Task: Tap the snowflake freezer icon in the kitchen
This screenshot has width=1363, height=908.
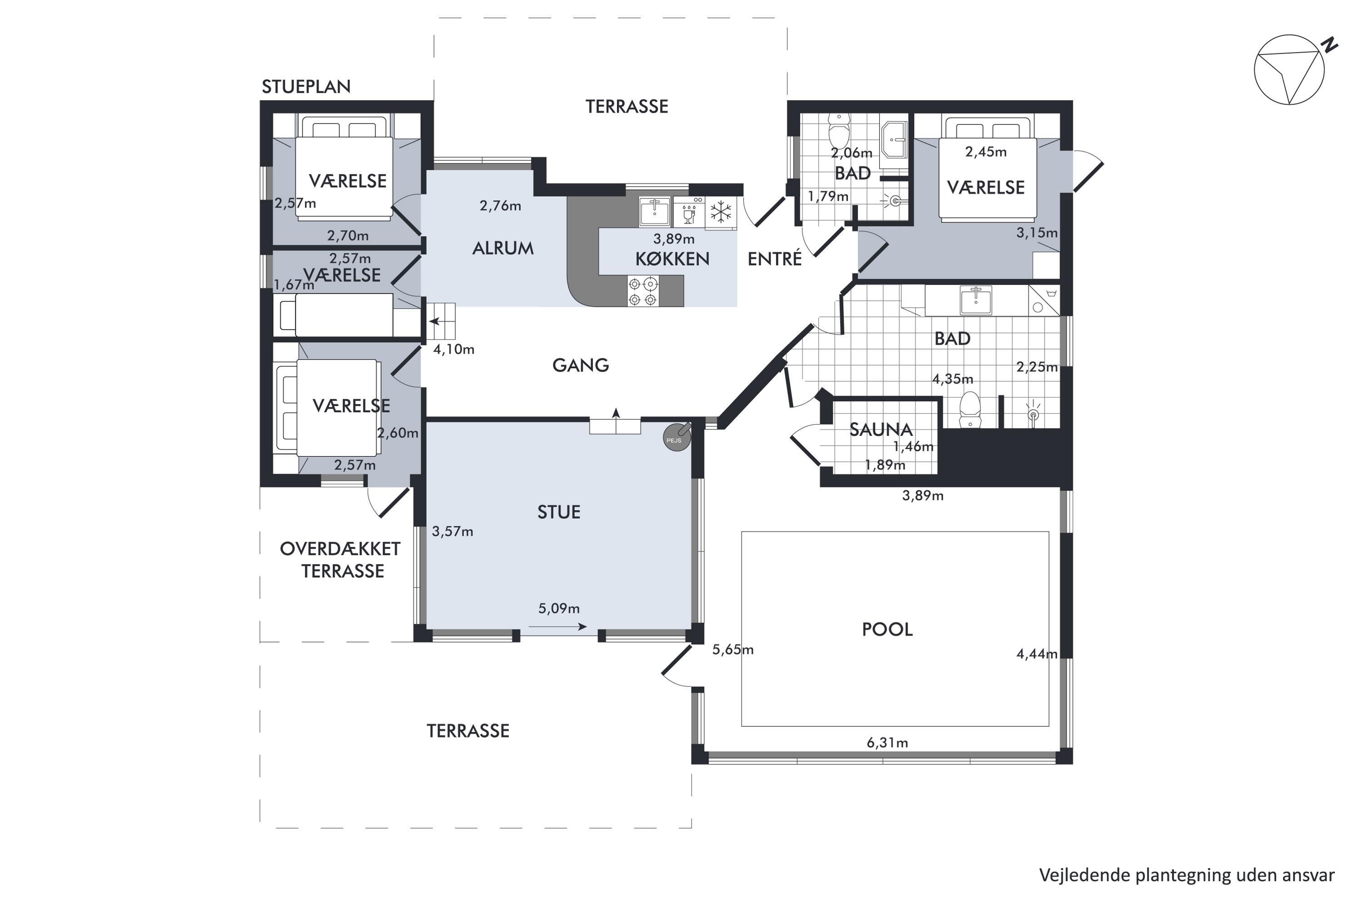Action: pyautogui.click(x=721, y=212)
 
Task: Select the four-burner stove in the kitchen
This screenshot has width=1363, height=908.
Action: pyautogui.click(x=643, y=291)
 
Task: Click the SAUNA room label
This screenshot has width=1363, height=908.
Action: pyautogui.click(x=881, y=429)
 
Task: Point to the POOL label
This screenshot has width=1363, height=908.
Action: pyautogui.click(x=887, y=629)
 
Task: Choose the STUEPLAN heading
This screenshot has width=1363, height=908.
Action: pyautogui.click(x=306, y=87)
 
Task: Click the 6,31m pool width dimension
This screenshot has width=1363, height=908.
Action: pyautogui.click(x=887, y=742)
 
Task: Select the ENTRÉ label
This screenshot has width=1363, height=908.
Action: pyautogui.click(x=775, y=259)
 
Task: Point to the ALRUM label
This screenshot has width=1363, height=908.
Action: pyautogui.click(x=502, y=248)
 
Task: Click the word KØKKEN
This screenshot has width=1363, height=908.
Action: pyautogui.click(x=672, y=259)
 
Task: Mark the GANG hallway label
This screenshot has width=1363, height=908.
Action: pyautogui.click(x=581, y=365)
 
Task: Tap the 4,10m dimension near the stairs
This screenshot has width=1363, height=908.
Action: pyautogui.click(x=454, y=349)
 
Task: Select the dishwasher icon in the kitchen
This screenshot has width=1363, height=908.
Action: pyautogui.click(x=690, y=212)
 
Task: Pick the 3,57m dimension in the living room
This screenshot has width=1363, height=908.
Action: pyautogui.click(x=453, y=532)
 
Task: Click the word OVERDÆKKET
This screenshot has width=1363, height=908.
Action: pyautogui.click(x=340, y=549)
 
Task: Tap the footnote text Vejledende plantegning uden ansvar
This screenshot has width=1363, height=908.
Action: pyautogui.click(x=1187, y=875)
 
